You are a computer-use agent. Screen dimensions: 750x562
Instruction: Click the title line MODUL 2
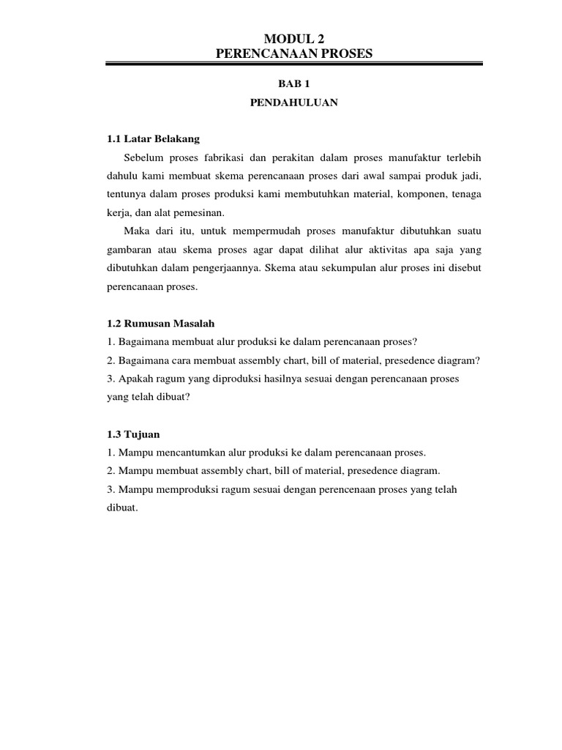pos(293,39)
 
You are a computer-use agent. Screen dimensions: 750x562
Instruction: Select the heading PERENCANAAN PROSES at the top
pos(293,53)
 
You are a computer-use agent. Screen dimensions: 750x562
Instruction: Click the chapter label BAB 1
pos(293,84)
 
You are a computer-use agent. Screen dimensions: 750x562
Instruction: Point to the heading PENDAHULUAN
pos(293,103)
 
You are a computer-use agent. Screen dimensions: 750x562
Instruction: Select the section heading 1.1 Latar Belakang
pos(153,138)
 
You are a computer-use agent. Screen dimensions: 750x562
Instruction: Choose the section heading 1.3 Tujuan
pos(133,434)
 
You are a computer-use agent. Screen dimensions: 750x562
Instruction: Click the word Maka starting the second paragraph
pos(138,231)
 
